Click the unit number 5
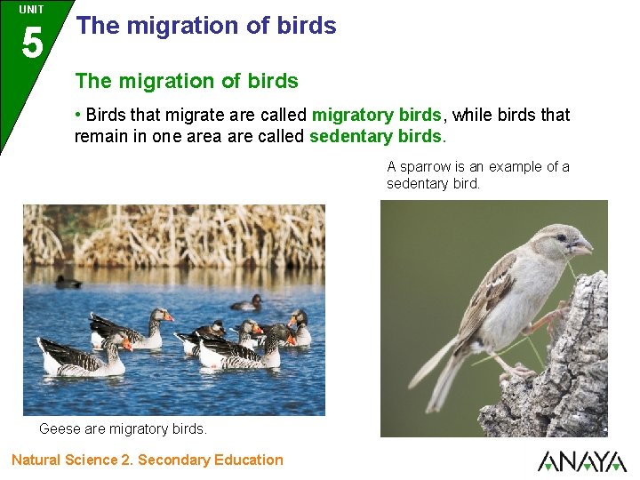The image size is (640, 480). [31, 43]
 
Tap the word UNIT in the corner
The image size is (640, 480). [31, 10]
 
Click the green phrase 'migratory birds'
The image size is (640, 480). [376, 115]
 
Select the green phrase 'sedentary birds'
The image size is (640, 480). [375, 136]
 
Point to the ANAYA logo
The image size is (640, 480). [581, 461]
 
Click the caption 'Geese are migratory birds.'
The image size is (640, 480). [123, 428]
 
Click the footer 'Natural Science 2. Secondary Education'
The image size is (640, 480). [148, 460]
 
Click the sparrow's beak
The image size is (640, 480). [582, 245]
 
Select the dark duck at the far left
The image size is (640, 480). [68, 282]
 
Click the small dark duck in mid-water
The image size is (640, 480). [248, 304]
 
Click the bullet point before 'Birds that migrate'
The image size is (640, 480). [78, 115]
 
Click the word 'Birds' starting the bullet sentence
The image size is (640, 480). [108, 115]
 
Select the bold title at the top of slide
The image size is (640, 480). [206, 26]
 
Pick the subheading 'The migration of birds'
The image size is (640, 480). [187, 81]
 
